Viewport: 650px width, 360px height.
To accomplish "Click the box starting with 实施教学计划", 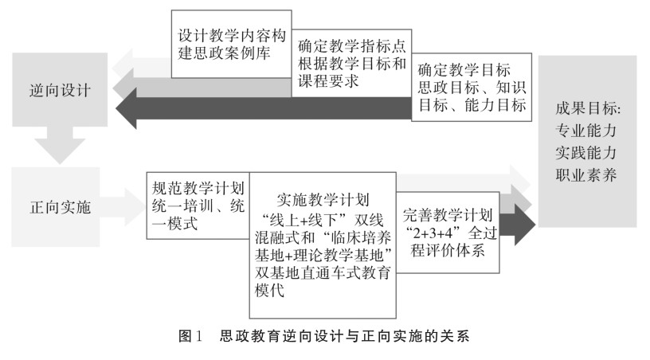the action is click(323, 239).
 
